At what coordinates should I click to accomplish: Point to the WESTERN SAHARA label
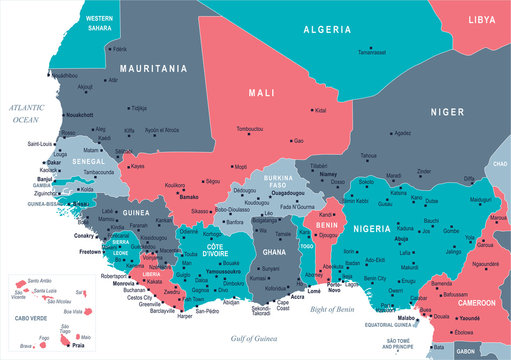98,24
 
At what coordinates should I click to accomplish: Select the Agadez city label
402,133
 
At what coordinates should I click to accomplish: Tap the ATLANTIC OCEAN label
30,112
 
